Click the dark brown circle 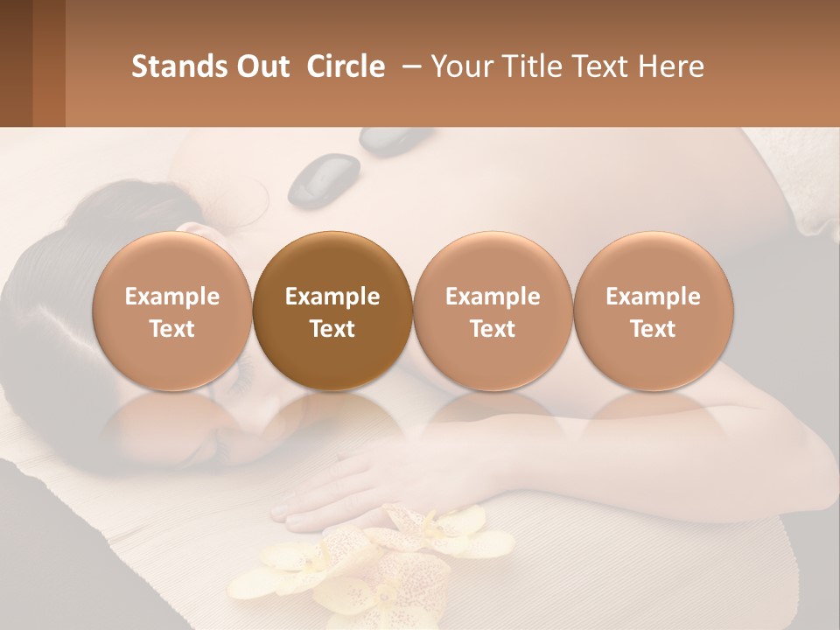pyautogui.click(x=332, y=311)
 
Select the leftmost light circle pyautogui.click(x=172, y=311)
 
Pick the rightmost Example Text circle pyautogui.click(x=653, y=311)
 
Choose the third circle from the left pyautogui.click(x=493, y=311)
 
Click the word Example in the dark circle pyautogui.click(x=332, y=297)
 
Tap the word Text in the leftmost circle pyautogui.click(x=172, y=329)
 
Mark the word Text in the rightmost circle pyautogui.click(x=653, y=329)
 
